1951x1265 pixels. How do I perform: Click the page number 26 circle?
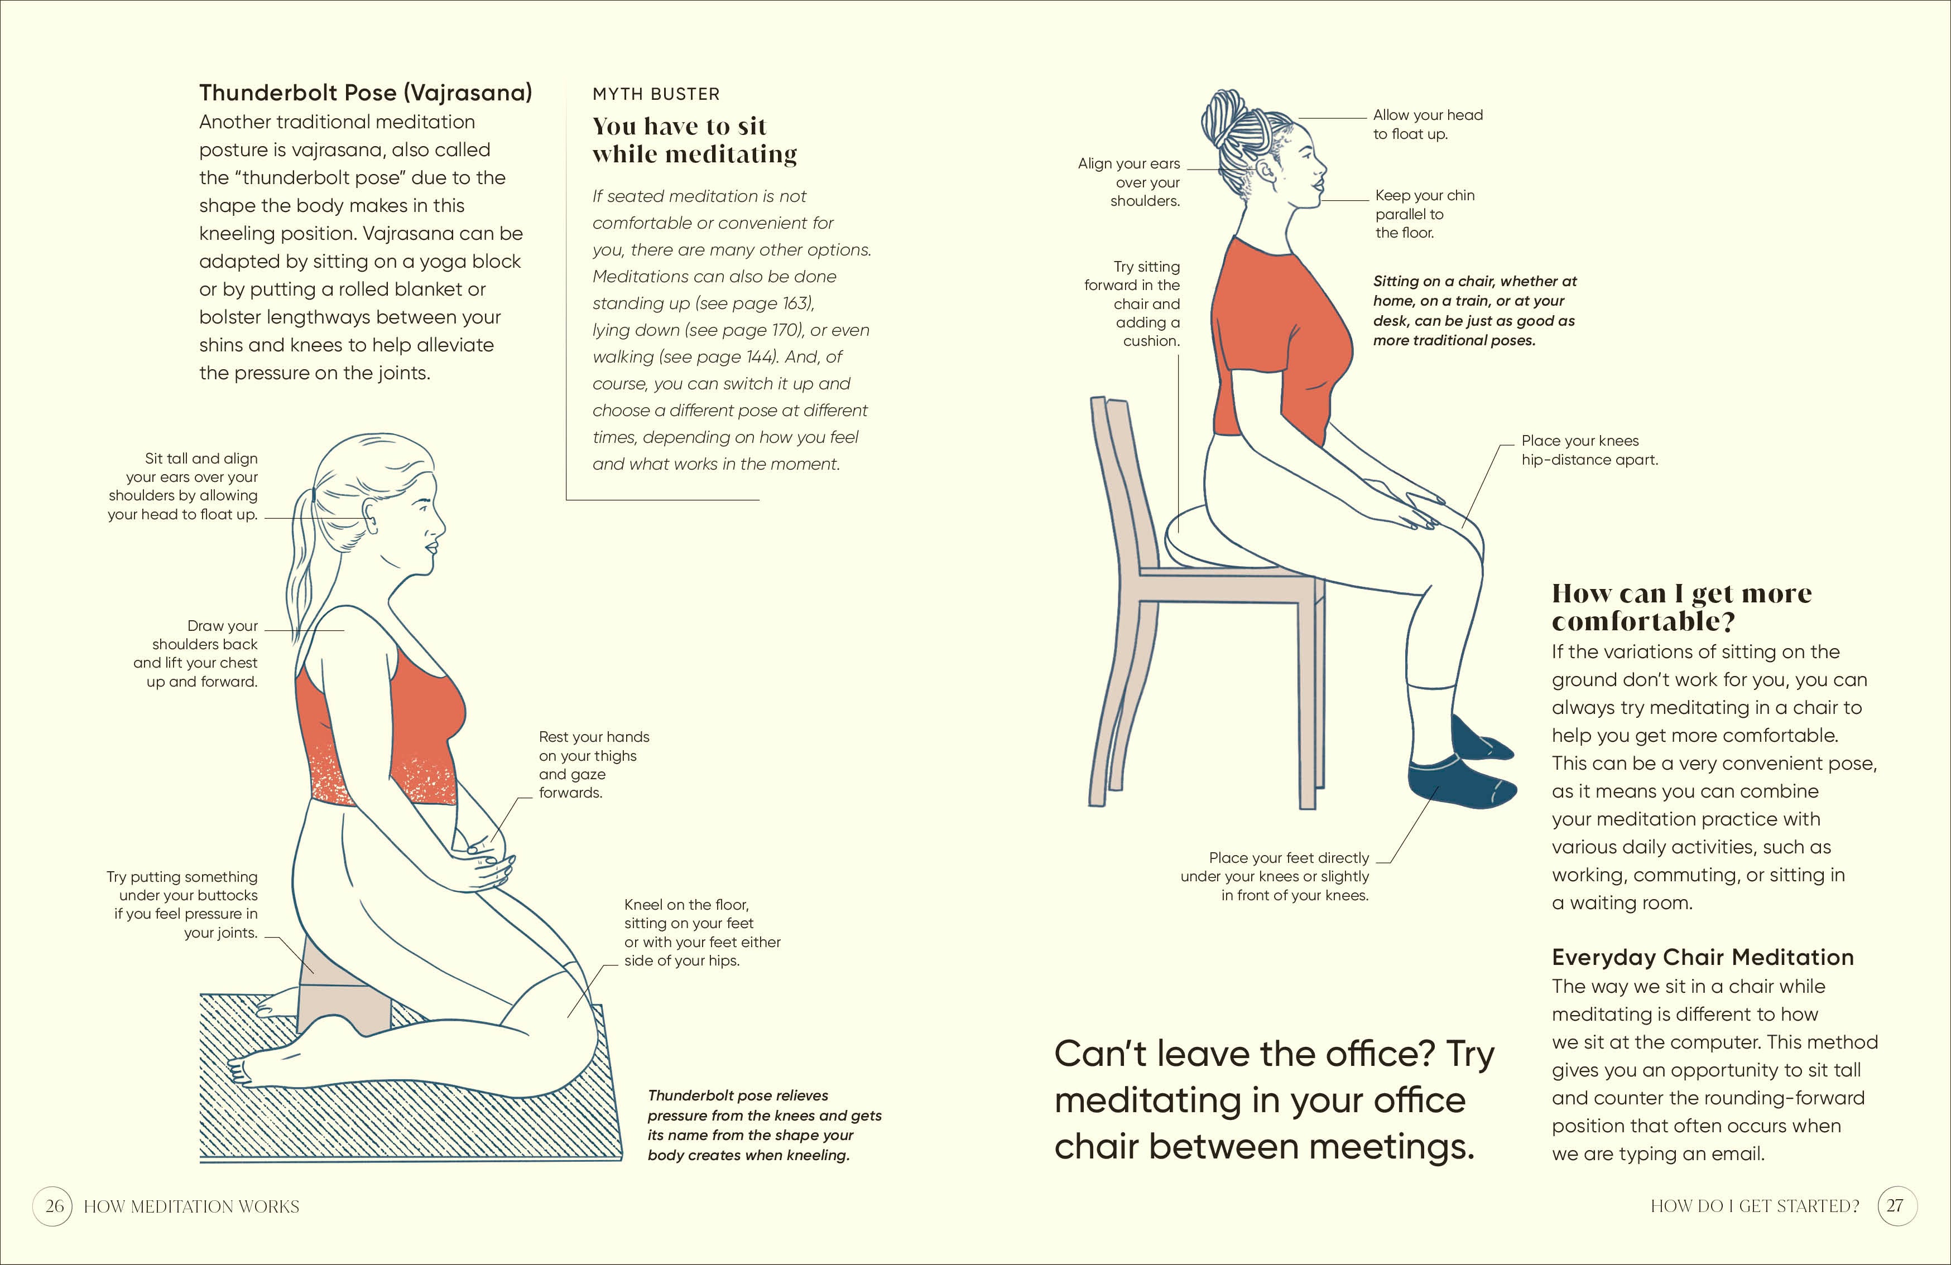(x=53, y=1206)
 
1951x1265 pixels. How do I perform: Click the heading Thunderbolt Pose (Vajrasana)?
(x=366, y=93)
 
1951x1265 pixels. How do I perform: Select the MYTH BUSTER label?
(x=656, y=94)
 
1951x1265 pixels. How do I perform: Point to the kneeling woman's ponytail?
(x=302, y=557)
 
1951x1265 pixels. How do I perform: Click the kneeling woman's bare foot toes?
(x=239, y=1069)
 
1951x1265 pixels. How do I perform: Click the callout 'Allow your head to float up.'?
(x=1427, y=124)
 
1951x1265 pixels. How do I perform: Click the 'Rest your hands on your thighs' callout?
(x=593, y=764)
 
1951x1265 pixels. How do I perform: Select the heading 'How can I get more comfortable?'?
(x=1680, y=607)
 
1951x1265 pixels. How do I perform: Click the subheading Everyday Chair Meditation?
(x=1702, y=957)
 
